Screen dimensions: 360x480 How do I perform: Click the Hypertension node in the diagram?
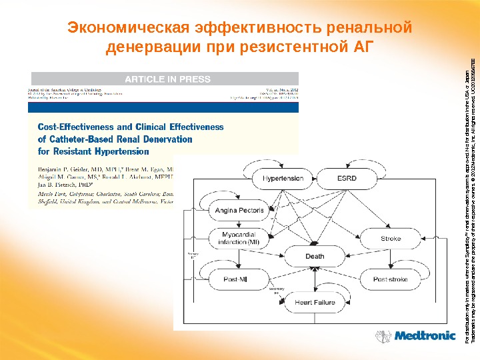(283, 179)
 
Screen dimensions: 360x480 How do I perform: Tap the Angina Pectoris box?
(239, 210)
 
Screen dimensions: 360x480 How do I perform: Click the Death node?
(315, 255)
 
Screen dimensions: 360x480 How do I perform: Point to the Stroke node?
(390, 237)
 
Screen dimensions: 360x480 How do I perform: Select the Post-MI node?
(239, 278)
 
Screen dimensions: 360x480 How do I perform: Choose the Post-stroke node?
(390, 278)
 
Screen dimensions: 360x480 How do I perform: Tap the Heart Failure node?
(315, 303)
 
